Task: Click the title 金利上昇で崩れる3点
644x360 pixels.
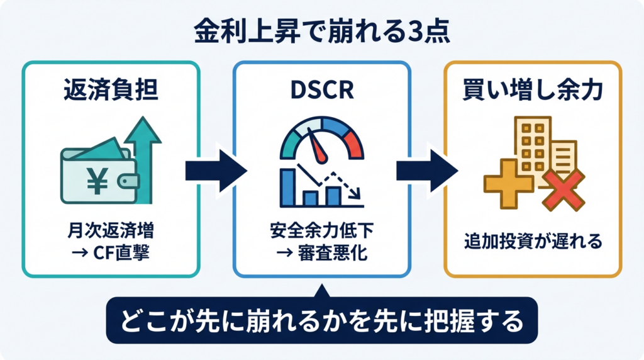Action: click(322, 31)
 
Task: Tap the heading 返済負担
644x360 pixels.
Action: click(111, 89)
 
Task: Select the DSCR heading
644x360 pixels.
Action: click(322, 90)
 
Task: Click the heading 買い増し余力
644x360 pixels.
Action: click(533, 89)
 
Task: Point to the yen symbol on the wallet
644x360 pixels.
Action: click(97, 181)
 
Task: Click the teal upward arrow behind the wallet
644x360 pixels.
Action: click(143, 156)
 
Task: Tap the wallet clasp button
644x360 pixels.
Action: click(127, 181)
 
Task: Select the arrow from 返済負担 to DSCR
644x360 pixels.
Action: click(216, 171)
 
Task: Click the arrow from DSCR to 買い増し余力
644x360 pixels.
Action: click(427, 171)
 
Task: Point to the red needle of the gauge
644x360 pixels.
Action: click(318, 148)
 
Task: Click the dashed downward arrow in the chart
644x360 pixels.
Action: click(343, 184)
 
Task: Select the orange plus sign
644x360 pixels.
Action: click(508, 184)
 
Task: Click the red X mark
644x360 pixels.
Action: click(563, 190)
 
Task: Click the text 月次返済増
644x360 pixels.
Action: click(111, 230)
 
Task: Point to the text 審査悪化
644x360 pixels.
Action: click(333, 252)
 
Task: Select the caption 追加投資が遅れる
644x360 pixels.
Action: click(533, 241)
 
